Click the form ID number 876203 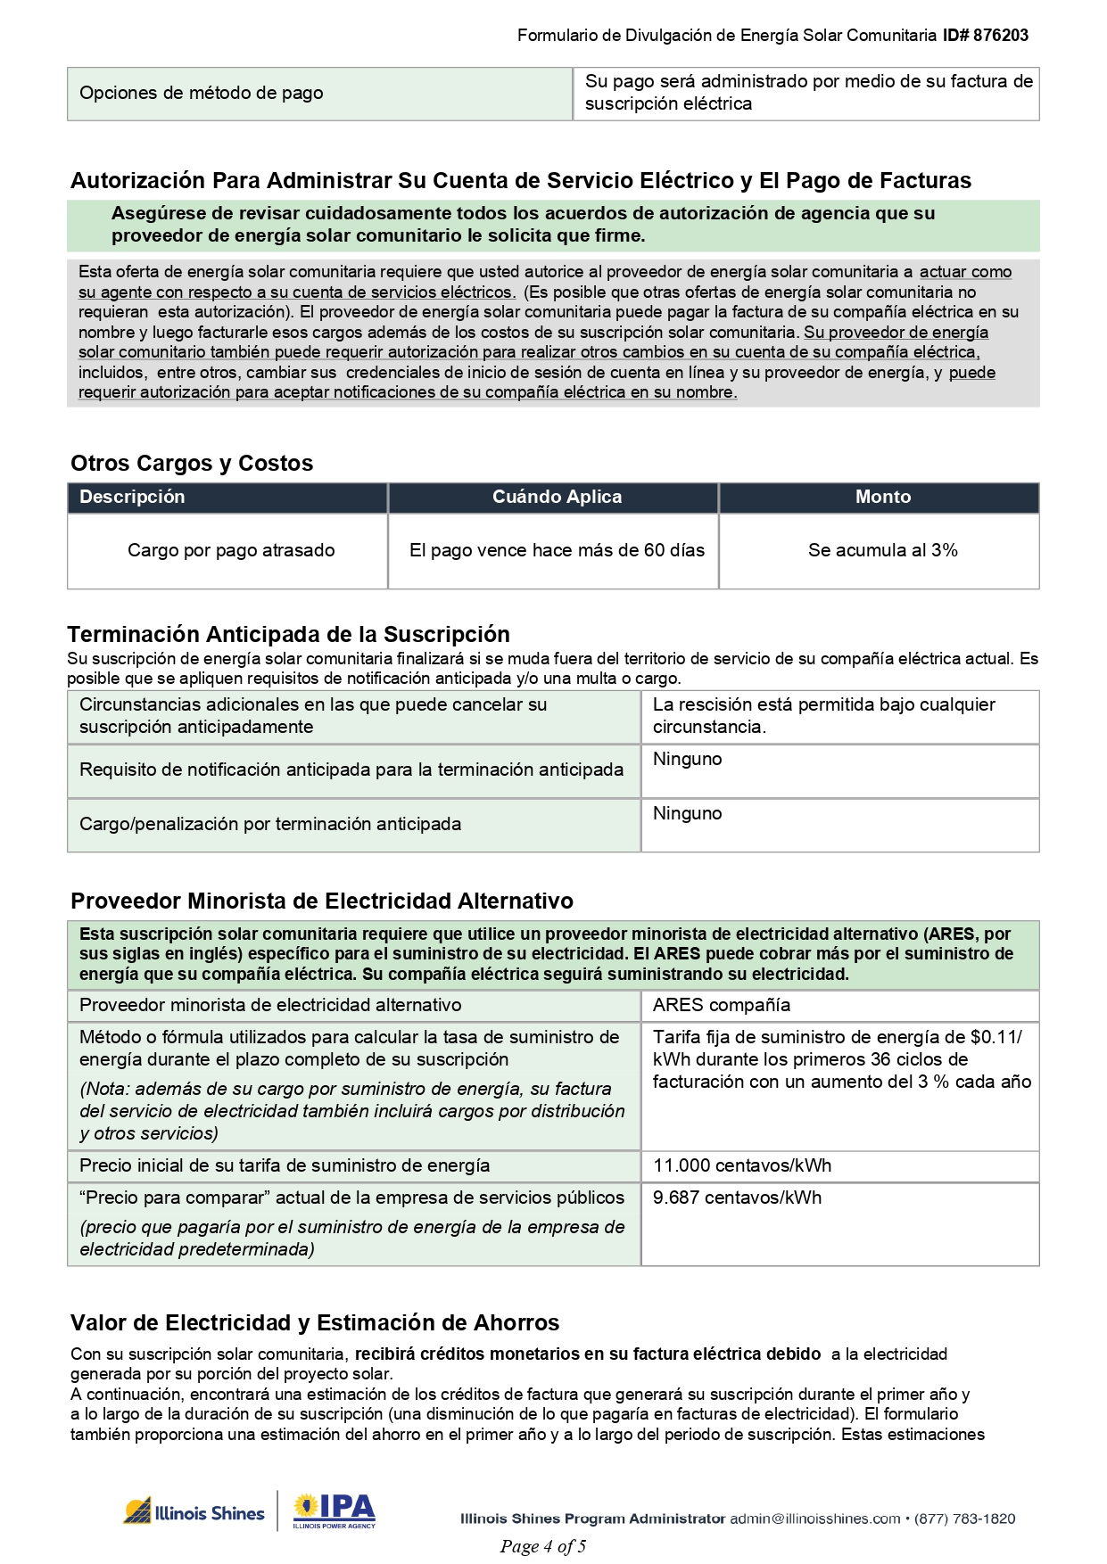pyautogui.click(x=1000, y=36)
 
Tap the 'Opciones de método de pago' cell pyautogui.click(x=202, y=93)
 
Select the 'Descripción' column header pyautogui.click(x=132, y=497)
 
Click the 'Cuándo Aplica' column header pyautogui.click(x=557, y=497)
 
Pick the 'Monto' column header pyautogui.click(x=882, y=497)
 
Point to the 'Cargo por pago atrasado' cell pyautogui.click(x=231, y=550)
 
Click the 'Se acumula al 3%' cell pyautogui.click(x=882, y=550)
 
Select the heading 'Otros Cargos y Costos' pyautogui.click(x=192, y=463)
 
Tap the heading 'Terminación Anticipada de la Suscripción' pyautogui.click(x=288, y=634)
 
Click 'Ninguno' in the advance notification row pyautogui.click(x=687, y=759)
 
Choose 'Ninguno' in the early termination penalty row pyautogui.click(x=687, y=813)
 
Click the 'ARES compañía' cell pyautogui.click(x=721, y=1005)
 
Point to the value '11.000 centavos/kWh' pyautogui.click(x=741, y=1165)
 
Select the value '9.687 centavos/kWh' pyautogui.click(x=737, y=1198)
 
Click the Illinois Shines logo pyautogui.click(x=194, y=1512)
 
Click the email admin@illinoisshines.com pyautogui.click(x=814, y=1519)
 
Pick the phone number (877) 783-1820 pyautogui.click(x=964, y=1519)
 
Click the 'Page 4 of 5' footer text pyautogui.click(x=542, y=1546)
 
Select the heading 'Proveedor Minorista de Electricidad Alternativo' pyautogui.click(x=321, y=901)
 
